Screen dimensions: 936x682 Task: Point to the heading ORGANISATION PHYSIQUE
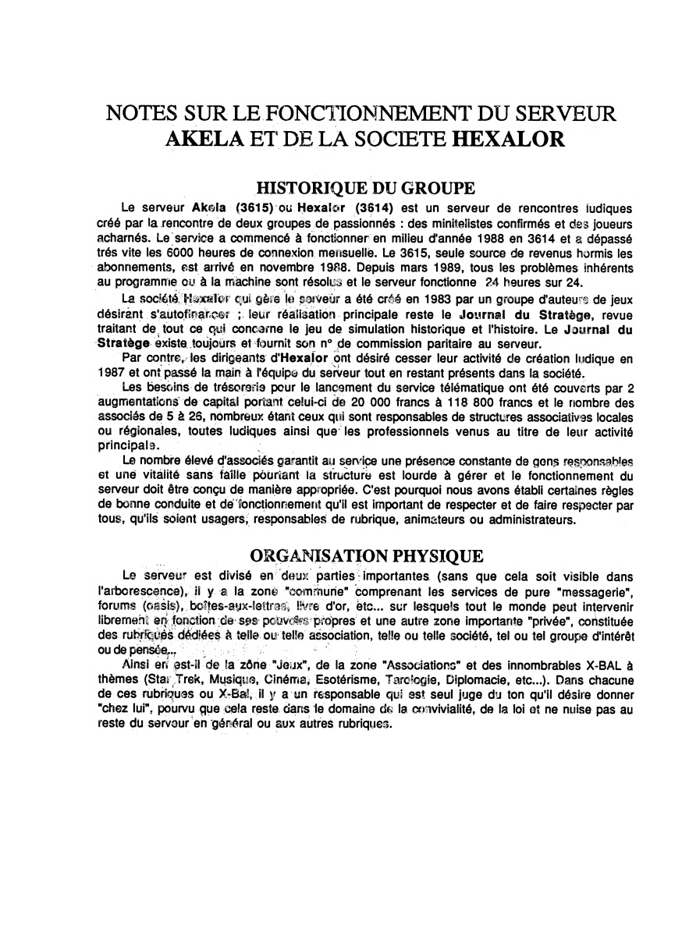pos(365,556)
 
